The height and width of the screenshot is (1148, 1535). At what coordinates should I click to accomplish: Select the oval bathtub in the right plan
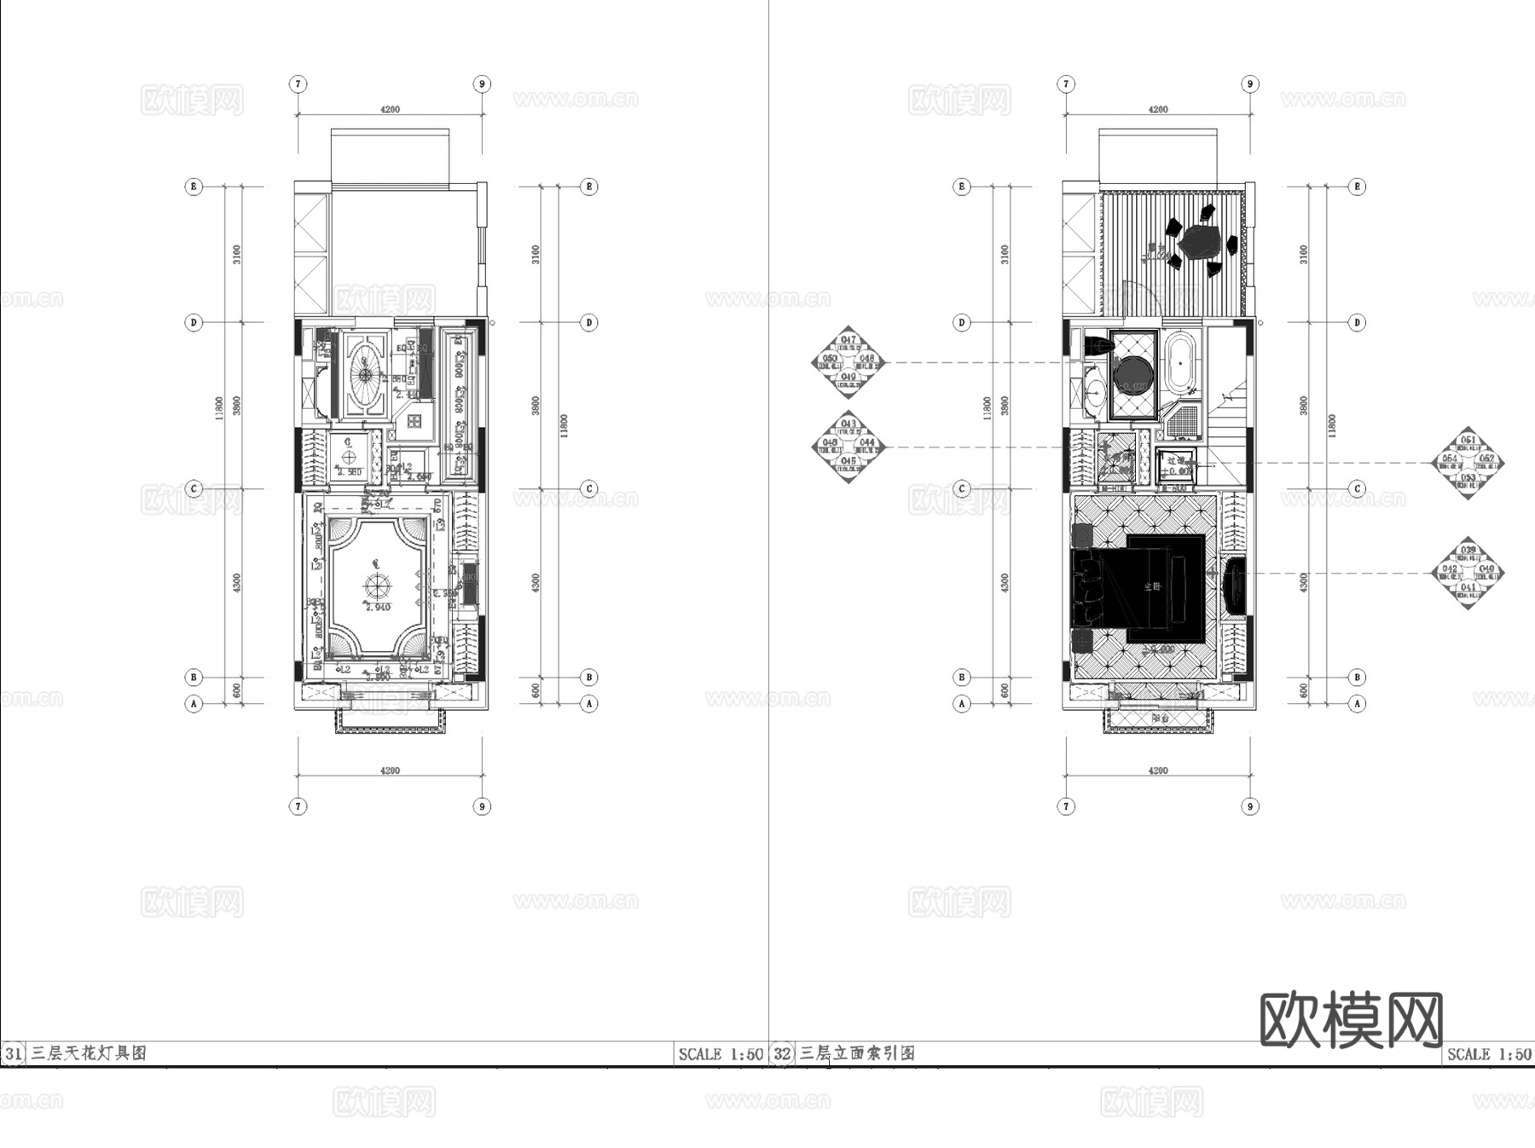coord(1180,364)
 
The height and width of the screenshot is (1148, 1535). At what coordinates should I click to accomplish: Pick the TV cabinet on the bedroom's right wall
coord(1233,586)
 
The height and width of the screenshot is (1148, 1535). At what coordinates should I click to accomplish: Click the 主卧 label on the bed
coord(1152,586)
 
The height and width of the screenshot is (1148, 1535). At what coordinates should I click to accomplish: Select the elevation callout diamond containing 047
coord(848,362)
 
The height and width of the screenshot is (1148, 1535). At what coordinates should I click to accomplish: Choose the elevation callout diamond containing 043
coord(848,446)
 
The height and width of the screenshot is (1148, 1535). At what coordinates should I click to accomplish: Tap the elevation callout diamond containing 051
coord(1468,463)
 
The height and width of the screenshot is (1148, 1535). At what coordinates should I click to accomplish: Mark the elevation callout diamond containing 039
coord(1468,573)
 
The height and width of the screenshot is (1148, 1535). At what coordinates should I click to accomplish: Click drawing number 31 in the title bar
coord(13,1053)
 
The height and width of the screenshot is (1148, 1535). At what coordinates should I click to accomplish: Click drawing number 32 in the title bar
coord(782,1053)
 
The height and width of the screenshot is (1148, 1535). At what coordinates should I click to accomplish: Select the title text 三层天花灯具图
coord(89,1053)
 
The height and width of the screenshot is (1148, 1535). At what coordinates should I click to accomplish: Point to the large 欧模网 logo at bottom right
coord(1351,1020)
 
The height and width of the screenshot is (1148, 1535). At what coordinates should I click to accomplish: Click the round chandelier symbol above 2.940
coord(376,586)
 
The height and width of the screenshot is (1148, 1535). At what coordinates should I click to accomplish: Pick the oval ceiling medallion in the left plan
coord(366,373)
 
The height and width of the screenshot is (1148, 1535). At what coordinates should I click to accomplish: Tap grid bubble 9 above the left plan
coord(482,84)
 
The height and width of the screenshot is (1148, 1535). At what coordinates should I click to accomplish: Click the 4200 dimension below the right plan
coord(1158,770)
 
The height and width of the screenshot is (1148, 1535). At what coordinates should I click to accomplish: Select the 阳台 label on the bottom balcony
coord(1160,718)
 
